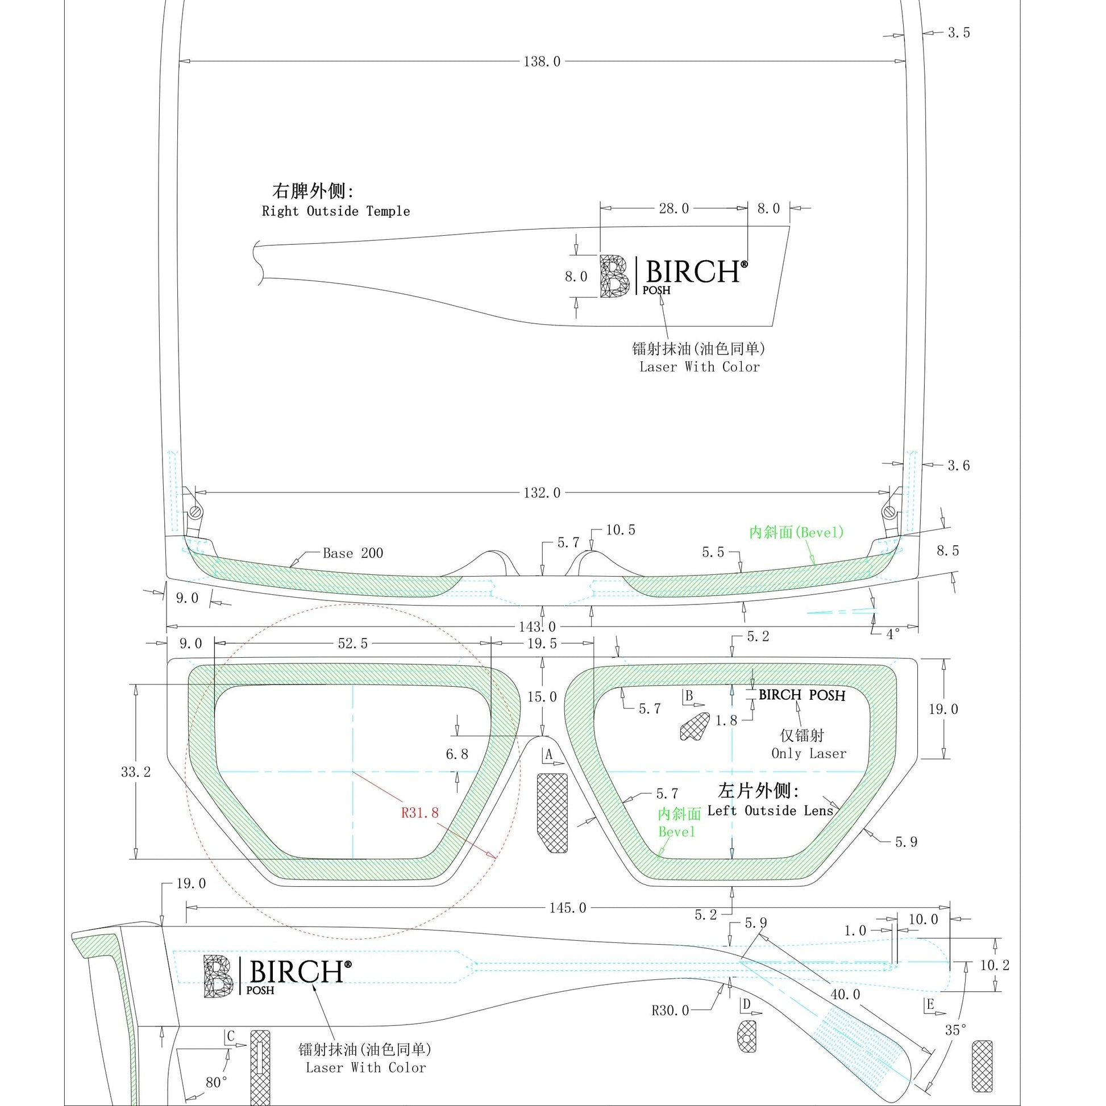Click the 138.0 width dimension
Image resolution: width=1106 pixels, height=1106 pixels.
click(x=542, y=62)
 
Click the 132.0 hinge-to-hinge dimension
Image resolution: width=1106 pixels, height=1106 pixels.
click(x=542, y=493)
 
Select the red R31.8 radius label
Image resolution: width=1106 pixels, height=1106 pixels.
click(x=420, y=812)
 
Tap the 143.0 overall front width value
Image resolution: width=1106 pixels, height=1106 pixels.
click(x=538, y=627)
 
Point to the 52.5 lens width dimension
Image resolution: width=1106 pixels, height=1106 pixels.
click(x=353, y=644)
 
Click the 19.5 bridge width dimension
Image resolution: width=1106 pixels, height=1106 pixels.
click(x=542, y=644)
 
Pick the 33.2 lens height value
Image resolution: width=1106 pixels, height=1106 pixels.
click(x=136, y=771)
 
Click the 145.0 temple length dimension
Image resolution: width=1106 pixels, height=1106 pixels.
click(x=568, y=908)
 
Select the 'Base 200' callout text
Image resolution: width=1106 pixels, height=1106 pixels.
click(x=353, y=553)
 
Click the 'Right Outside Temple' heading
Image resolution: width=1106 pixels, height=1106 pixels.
click(x=336, y=211)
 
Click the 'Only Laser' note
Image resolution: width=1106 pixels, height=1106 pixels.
click(x=809, y=753)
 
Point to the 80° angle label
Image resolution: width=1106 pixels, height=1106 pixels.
click(x=217, y=1083)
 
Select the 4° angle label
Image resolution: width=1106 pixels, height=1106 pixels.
click(x=893, y=635)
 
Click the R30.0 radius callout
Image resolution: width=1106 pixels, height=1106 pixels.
click(x=670, y=1011)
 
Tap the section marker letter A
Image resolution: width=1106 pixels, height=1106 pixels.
click(x=548, y=755)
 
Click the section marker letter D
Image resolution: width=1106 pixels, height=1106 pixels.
click(x=746, y=1004)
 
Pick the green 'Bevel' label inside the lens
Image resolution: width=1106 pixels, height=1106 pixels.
click(x=676, y=832)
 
